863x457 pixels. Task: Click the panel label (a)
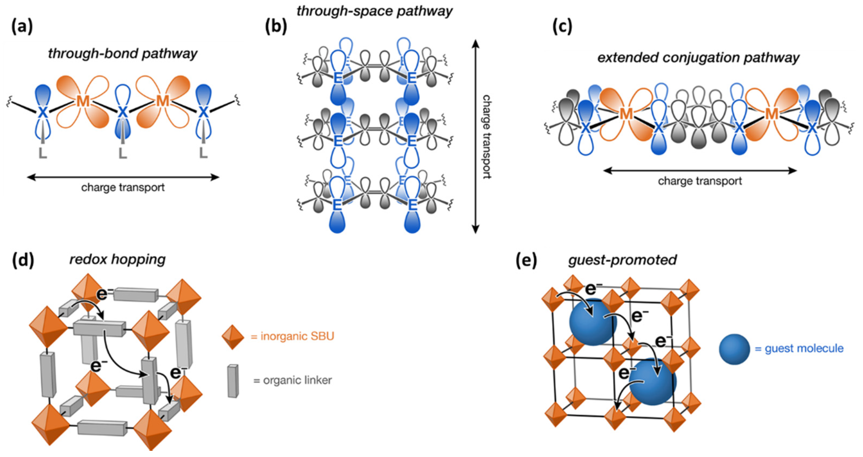coord(22,27)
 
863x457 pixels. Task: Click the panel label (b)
coord(276,27)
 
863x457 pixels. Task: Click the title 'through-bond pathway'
coord(123,54)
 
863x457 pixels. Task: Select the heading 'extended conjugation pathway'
coord(699,58)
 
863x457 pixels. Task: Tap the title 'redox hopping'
coord(117,259)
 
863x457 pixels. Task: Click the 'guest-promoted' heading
coord(623,260)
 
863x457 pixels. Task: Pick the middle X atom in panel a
coord(123,112)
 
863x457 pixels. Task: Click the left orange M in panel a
coord(83,101)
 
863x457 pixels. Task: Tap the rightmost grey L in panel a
coord(203,153)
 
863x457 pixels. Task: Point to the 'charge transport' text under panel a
coord(123,187)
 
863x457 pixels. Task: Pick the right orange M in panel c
coord(772,114)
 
